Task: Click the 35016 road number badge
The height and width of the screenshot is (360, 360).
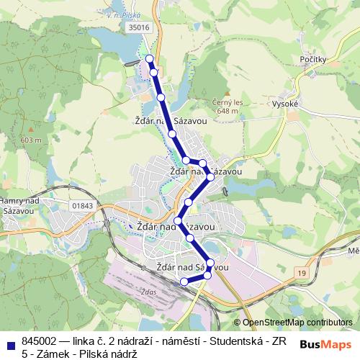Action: pos(139,27)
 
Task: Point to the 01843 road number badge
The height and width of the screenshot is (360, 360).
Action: pos(83,206)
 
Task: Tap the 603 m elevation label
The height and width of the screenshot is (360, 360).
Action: pos(32,140)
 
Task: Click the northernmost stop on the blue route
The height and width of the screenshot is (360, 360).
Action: pos(150,58)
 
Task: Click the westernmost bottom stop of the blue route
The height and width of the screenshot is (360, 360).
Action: pos(184,281)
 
